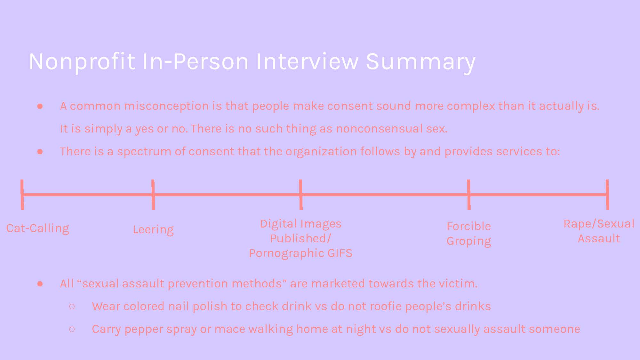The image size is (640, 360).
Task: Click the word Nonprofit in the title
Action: coord(82,61)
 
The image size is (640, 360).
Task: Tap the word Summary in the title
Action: coord(420,61)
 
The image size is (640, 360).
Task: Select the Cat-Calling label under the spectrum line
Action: coord(38,228)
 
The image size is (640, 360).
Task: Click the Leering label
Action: coord(153,230)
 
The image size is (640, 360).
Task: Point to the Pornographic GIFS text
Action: coord(300,253)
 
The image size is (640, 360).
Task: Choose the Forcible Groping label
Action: coord(469,234)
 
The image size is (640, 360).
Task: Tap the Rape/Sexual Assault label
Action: coord(599,231)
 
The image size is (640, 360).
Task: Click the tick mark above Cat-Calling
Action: coord(22,195)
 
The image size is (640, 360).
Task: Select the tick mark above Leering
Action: coord(153,195)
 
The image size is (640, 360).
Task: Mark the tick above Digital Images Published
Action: coord(301,195)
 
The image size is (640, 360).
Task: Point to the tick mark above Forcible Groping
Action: coord(469,195)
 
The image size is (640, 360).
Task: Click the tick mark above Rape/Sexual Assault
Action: coord(607,195)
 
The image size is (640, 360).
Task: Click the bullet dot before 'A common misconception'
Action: coord(40,106)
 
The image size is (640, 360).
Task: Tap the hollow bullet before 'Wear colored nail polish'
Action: coord(72,307)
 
